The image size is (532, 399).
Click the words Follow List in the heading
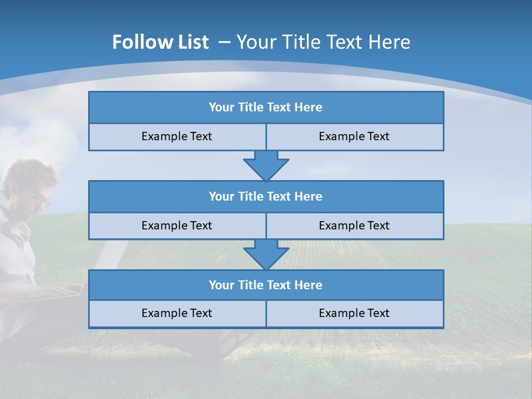point(160,42)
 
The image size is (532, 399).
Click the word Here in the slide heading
point(391,42)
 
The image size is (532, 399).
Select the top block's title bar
point(266,108)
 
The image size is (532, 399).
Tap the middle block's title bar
point(266,197)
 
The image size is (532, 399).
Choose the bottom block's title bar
point(266,285)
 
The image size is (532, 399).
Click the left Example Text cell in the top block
point(177,136)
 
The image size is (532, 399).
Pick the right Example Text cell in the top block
point(355,136)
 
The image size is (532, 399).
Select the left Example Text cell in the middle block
point(177,226)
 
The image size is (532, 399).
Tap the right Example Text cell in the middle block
point(355,226)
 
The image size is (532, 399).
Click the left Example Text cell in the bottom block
point(177,313)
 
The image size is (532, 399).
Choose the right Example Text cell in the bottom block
point(355,313)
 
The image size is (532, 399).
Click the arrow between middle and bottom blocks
point(266,254)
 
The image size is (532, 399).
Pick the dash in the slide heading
point(224,42)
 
